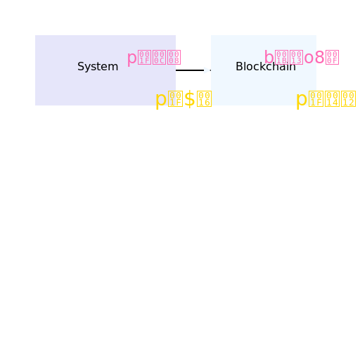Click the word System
pos(98,67)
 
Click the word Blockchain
pos(265,67)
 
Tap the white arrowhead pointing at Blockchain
pos(207,70)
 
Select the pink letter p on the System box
pos(131,58)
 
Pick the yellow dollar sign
pos(189,99)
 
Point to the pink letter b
pos(269,58)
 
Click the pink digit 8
pos(320,58)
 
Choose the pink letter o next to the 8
pos(309,58)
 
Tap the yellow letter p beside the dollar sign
pos(160,100)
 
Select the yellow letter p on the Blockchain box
pos(301,100)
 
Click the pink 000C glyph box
pos(159,58)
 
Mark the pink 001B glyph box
pos(283,58)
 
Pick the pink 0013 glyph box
pos(297,58)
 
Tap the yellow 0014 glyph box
pos(332,99)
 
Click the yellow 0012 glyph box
pos(348,99)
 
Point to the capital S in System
pos(81,67)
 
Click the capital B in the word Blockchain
pos(239,67)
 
